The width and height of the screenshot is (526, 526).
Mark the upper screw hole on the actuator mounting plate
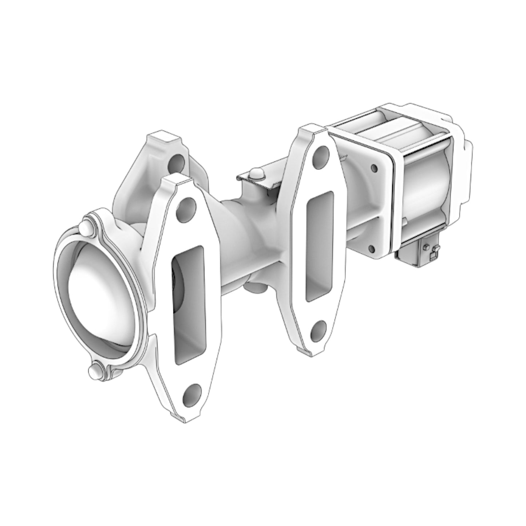coord(373,168)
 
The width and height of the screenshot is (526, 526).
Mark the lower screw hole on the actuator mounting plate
coord(371,249)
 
